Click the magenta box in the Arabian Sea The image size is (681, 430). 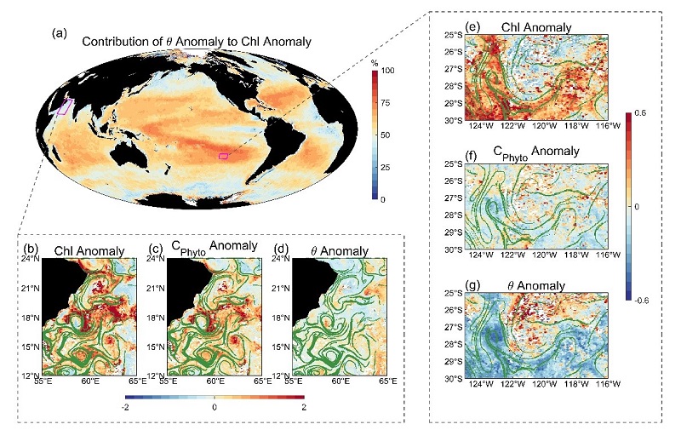tap(65, 107)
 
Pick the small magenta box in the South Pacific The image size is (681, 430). tap(223, 155)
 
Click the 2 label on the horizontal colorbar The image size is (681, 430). tap(301, 409)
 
